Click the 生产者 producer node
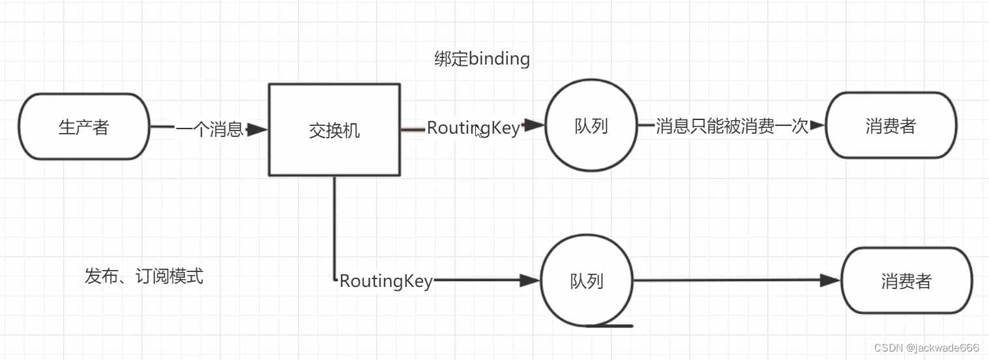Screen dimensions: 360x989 (x=84, y=127)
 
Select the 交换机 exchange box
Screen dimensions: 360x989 (x=334, y=130)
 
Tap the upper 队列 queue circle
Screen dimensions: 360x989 (x=591, y=126)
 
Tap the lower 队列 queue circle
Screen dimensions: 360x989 (x=586, y=281)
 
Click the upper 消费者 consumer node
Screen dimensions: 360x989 (x=891, y=126)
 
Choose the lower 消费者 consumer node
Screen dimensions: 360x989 (x=906, y=281)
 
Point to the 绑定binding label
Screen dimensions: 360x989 (x=482, y=59)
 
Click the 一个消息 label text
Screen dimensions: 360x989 (x=209, y=129)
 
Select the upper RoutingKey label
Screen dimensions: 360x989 (x=473, y=128)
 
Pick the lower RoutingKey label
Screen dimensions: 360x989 (x=386, y=281)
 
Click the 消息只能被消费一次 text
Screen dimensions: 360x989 (x=731, y=126)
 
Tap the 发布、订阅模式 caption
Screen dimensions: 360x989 (x=144, y=276)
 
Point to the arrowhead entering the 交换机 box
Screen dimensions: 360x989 (x=258, y=130)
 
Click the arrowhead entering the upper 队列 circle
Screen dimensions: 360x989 (x=535, y=125)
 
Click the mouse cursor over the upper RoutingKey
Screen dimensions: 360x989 (x=479, y=131)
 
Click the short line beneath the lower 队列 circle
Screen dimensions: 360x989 (x=610, y=325)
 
